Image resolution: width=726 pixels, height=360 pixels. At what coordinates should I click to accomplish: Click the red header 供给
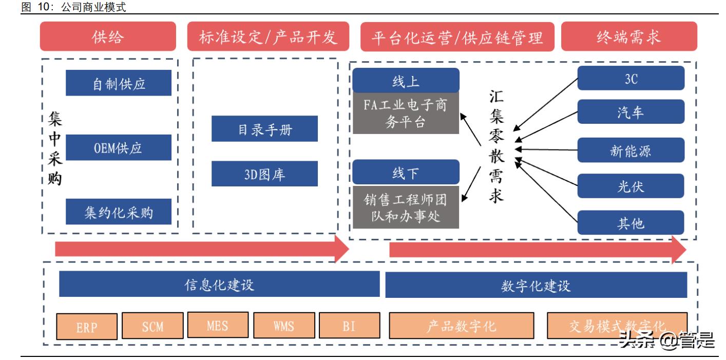(108, 37)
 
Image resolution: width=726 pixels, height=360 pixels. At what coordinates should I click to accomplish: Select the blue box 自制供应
(119, 83)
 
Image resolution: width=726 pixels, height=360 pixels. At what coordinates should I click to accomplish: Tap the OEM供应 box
(119, 148)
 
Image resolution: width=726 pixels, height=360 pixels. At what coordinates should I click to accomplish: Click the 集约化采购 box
(119, 212)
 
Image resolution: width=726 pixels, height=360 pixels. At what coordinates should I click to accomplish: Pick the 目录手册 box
(264, 129)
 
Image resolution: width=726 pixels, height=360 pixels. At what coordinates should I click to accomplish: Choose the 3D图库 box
(264, 174)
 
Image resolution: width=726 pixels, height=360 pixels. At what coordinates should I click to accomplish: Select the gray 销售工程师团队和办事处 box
(406, 206)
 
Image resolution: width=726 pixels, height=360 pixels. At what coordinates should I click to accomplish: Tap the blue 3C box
(631, 79)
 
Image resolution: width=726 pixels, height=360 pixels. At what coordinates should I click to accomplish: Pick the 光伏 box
(631, 186)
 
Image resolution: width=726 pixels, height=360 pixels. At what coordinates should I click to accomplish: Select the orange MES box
(218, 325)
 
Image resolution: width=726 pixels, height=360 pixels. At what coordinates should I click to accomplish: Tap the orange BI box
(349, 326)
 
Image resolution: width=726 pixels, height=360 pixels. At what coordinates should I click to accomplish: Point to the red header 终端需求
(628, 37)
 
